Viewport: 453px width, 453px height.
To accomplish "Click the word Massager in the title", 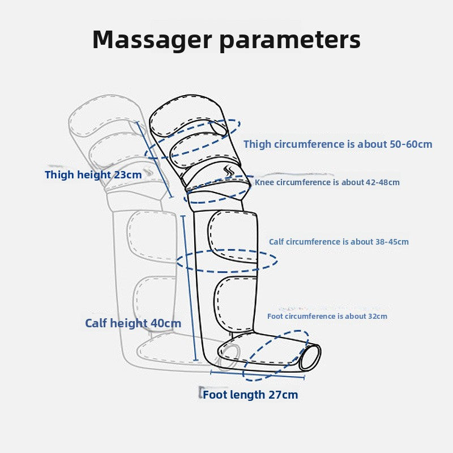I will pyautogui.click(x=151, y=40).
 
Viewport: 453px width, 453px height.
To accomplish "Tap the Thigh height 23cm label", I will pyautogui.click(x=93, y=175).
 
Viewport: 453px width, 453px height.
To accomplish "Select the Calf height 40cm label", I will pyautogui.click(x=133, y=323).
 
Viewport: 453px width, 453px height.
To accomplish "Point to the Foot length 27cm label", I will pyautogui.click(x=250, y=395).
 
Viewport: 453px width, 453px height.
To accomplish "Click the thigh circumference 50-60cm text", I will pyautogui.click(x=337, y=144).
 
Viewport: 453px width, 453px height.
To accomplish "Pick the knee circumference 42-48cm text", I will pyautogui.click(x=327, y=182).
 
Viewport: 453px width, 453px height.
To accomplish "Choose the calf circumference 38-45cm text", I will pyautogui.click(x=339, y=242).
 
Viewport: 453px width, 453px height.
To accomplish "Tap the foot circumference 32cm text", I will pyautogui.click(x=327, y=316).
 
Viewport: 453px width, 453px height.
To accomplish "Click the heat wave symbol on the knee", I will pyautogui.click(x=229, y=170).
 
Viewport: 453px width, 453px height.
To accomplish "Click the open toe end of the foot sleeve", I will pyautogui.click(x=311, y=357).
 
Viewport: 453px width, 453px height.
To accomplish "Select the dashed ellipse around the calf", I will pyautogui.click(x=226, y=261).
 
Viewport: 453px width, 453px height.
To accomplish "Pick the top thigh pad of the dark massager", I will pyautogui.click(x=187, y=116).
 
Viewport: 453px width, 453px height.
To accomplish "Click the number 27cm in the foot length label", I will pyautogui.click(x=283, y=395).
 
